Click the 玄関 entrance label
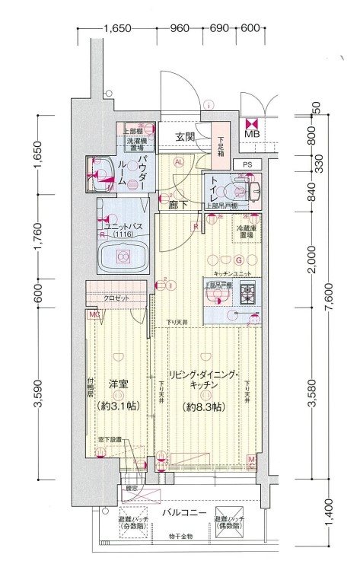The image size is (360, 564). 186,137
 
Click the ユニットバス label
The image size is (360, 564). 122,226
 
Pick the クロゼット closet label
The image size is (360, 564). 116,299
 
